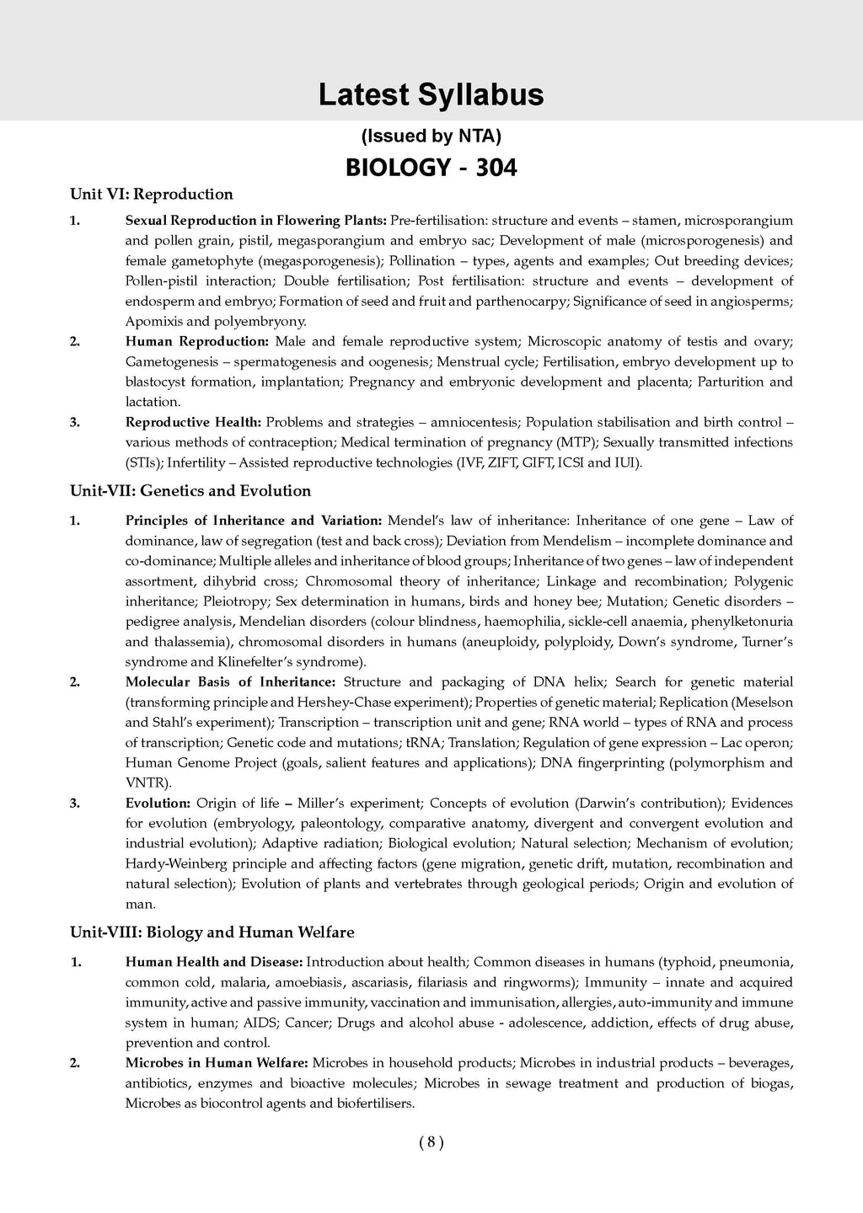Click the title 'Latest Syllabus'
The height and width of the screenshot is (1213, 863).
(x=431, y=95)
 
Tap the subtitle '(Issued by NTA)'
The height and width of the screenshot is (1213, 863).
(x=431, y=136)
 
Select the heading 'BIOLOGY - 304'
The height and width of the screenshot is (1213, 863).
(x=431, y=168)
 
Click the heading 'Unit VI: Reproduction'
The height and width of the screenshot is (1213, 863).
(x=152, y=195)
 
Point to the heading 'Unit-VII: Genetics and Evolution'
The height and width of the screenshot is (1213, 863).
(x=190, y=491)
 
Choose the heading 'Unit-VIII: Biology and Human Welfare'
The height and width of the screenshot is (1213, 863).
(x=212, y=932)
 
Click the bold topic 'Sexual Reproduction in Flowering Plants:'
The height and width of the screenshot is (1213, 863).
(x=255, y=221)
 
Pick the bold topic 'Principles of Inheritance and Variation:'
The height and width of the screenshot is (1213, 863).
(x=254, y=521)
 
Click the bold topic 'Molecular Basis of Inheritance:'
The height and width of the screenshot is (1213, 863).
(x=230, y=682)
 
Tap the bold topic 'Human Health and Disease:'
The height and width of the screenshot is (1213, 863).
(x=214, y=962)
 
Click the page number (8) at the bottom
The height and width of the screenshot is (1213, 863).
(x=431, y=1143)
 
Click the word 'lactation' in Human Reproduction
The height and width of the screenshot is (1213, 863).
(x=152, y=403)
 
